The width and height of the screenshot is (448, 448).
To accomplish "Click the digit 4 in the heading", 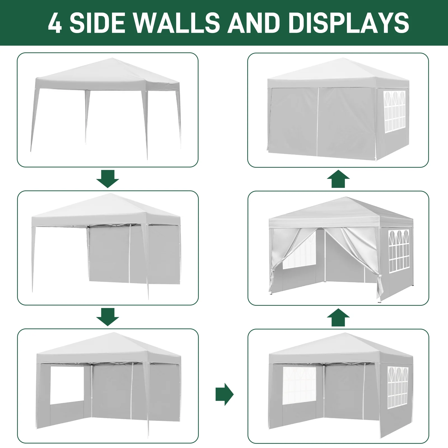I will coord(55,23).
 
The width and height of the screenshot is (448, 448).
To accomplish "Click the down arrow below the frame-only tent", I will coord(108,179).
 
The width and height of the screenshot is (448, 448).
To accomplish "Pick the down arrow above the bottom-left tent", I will coord(108,317).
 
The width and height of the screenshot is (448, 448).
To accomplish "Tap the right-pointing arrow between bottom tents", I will coord(224,394).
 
